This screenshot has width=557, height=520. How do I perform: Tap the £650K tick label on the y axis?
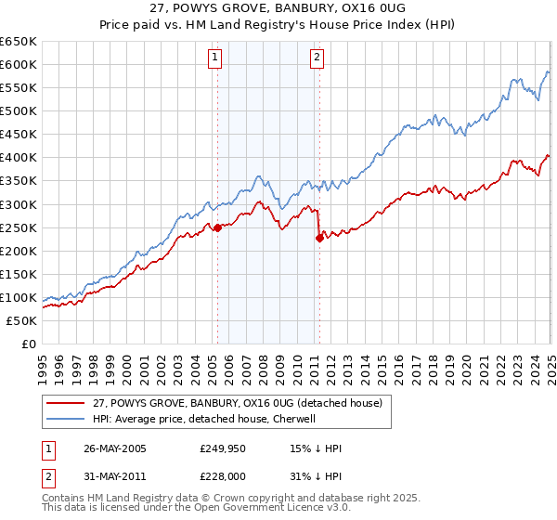click(x=19, y=41)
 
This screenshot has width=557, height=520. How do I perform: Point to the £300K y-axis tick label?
click(x=19, y=204)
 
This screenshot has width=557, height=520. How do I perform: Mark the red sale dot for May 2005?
click(x=217, y=227)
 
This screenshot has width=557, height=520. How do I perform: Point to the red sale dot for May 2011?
click(x=319, y=238)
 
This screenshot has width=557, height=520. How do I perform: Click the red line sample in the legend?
click(x=66, y=402)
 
